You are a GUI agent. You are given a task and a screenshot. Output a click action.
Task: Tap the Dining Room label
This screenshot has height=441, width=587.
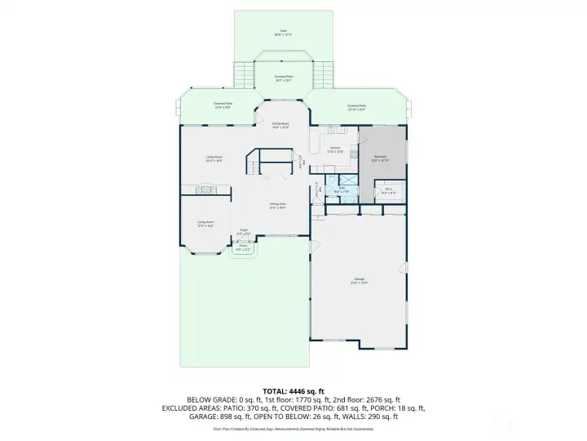(281, 125)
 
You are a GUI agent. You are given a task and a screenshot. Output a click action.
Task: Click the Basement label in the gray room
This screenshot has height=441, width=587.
(381, 158)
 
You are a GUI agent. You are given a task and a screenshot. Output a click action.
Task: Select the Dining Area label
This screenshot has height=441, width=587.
(277, 206)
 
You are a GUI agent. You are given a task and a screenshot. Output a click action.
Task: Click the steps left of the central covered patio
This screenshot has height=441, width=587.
(242, 75)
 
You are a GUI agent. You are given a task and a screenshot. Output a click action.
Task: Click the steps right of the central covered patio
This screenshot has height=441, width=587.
(324, 75)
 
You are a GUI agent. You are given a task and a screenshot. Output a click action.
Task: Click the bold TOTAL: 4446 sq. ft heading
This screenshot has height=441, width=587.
(293, 391)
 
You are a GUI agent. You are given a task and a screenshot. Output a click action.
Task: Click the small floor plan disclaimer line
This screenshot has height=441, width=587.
(293, 428)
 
